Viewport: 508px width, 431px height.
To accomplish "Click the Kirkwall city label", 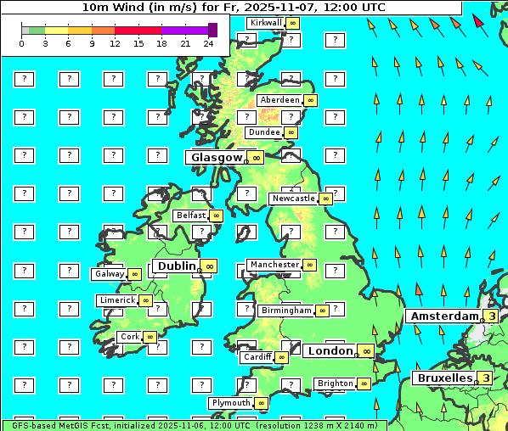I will pos(265,22).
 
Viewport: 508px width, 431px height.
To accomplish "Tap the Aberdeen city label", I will pos(280,100).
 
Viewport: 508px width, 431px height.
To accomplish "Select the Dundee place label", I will pos(263,132).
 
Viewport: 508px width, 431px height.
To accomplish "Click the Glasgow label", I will pos(217,157).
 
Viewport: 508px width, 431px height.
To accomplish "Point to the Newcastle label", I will pos(293,199).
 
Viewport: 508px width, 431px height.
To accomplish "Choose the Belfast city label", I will pos(191,215).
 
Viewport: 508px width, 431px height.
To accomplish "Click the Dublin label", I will pos(176,266).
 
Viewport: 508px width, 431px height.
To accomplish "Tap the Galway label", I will pos(109,274).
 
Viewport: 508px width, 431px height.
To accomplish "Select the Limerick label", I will pos(117,300).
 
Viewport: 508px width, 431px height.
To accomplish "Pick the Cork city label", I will pos(130,336).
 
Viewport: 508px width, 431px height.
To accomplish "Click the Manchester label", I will pos(274,265).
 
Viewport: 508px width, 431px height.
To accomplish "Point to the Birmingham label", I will pos(286,311).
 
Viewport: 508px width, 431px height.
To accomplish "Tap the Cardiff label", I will pos(257,357).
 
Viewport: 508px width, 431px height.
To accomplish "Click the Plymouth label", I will pos(231,402).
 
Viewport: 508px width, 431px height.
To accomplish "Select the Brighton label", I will pos(335,383).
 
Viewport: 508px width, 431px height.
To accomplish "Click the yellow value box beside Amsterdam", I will pos(491,316).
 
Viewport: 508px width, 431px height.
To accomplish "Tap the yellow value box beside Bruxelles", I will pos(484,378).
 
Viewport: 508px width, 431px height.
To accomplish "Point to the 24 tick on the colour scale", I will pos(208,43).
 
